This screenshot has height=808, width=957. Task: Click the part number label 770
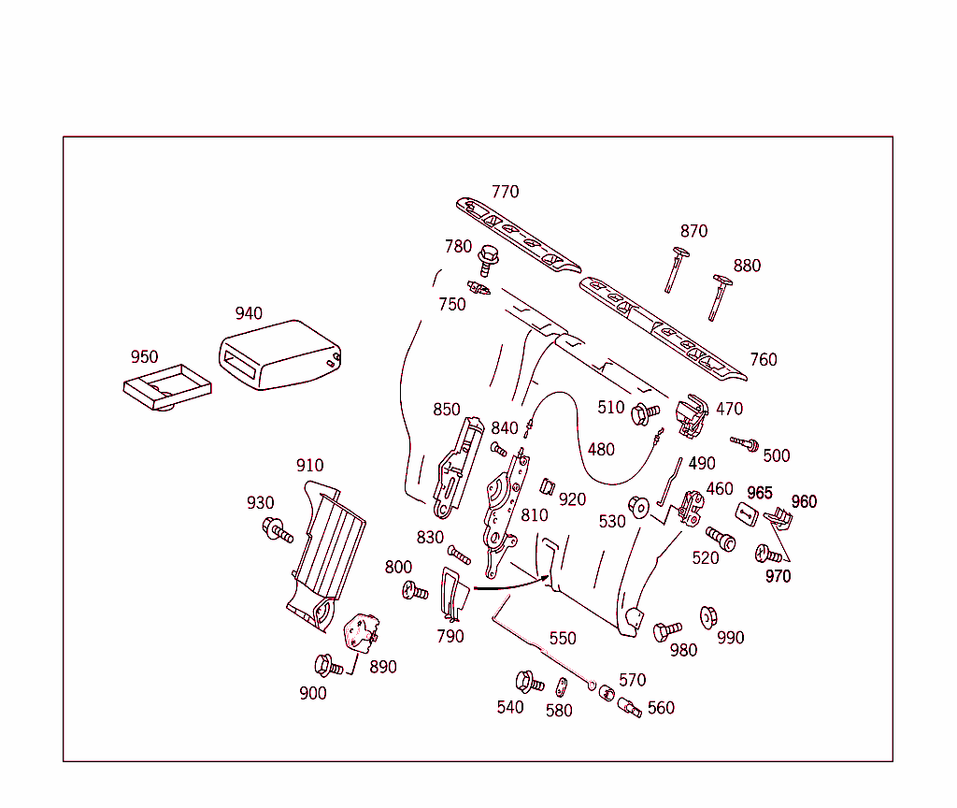pos(505,192)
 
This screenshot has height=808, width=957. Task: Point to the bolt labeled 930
pos(278,530)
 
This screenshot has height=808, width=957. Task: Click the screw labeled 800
pos(414,591)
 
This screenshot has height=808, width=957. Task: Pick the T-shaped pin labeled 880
pos(719,297)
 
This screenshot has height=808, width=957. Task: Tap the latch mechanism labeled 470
pos(693,417)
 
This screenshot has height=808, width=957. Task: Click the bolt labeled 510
pos(645,411)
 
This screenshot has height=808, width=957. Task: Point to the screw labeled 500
pos(745,442)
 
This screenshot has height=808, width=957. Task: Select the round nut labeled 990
pos(708,616)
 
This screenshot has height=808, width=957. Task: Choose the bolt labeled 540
pos(529,682)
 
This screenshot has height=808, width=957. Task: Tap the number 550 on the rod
pos(563,639)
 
